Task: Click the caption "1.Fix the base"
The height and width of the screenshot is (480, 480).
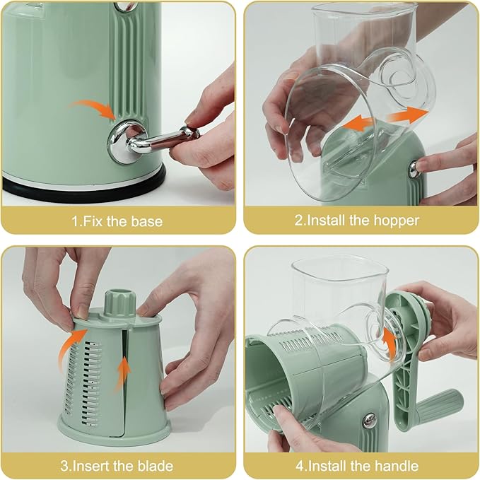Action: (x=117, y=221)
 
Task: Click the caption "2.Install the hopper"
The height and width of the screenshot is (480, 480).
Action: (x=357, y=221)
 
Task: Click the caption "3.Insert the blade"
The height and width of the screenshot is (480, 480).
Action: (x=117, y=466)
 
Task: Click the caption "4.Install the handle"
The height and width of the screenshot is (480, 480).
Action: (x=357, y=466)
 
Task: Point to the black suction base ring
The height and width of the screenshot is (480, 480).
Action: (x=85, y=186)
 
